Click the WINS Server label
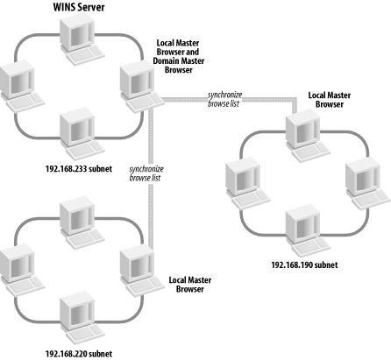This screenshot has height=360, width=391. point(79,7)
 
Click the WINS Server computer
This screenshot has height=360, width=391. point(82,39)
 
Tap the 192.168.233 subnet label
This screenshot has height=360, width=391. point(79,169)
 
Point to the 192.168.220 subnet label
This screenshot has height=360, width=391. point(79,354)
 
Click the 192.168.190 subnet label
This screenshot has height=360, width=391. point(304,265)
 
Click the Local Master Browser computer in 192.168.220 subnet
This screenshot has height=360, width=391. point(142,271)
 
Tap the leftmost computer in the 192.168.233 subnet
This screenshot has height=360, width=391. point(22,86)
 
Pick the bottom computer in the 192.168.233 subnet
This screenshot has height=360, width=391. point(82,134)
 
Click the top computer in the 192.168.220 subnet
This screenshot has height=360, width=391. point(82,222)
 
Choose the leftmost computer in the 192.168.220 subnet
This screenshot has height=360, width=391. point(22,271)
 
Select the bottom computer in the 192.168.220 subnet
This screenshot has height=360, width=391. point(82,318)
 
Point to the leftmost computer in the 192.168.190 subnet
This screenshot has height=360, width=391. point(248,183)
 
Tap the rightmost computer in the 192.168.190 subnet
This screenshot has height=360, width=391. point(368,183)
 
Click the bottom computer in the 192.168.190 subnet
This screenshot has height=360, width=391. point(308,230)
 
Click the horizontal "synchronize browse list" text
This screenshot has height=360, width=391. point(224,99)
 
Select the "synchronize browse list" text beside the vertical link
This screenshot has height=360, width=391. point(146,173)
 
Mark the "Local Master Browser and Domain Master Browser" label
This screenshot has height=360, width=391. point(178,56)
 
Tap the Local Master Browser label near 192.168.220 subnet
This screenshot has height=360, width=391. point(190,285)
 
